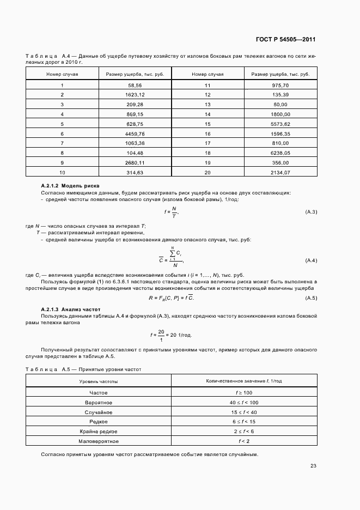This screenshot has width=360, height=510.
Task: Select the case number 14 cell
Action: [x=208, y=114]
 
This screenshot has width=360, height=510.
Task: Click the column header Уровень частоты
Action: [x=99, y=381]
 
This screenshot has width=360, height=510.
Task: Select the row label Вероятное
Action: [x=99, y=402]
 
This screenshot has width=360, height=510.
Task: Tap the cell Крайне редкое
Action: [x=99, y=431]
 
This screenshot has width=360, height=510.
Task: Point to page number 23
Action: [x=313, y=466]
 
